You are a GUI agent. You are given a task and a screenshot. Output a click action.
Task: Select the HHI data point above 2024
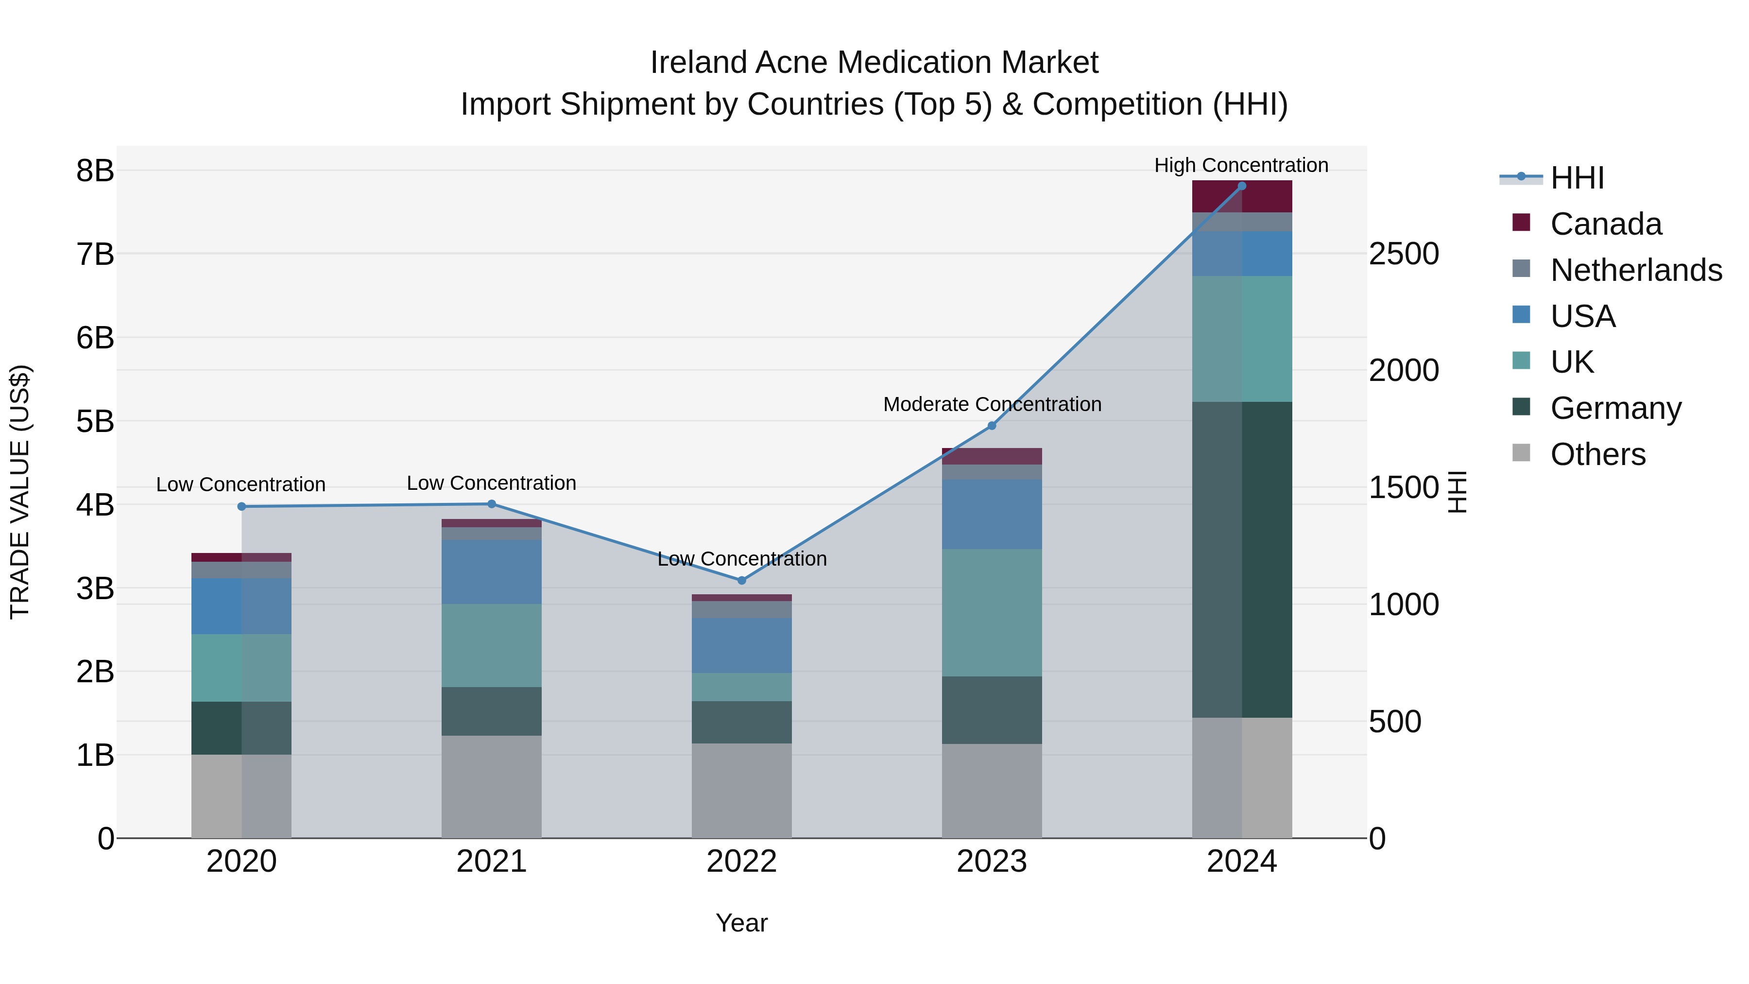coord(1242,186)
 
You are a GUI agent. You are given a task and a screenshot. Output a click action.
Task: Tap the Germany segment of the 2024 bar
coord(1242,560)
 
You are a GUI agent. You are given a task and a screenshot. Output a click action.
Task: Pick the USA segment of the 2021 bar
coord(492,572)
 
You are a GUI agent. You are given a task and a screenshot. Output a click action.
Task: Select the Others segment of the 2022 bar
coord(741,791)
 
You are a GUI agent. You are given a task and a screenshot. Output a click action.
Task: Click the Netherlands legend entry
coord(1636,270)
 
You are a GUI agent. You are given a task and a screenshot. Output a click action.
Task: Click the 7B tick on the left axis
coord(95,255)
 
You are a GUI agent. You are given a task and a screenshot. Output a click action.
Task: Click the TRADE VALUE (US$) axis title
coord(20,492)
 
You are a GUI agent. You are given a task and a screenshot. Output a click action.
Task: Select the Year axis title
coord(741,923)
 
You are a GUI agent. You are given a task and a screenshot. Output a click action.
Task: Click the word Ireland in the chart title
coord(699,63)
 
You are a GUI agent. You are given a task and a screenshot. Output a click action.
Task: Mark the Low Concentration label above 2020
coord(240,484)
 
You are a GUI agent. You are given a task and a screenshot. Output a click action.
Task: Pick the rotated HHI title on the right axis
coord(1457,492)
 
